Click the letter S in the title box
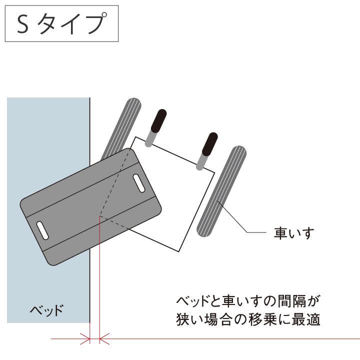(x=23, y=24)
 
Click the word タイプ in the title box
(x=72, y=24)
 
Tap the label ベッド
(x=46, y=310)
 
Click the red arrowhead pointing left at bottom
(x=104, y=339)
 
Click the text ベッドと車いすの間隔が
(x=248, y=302)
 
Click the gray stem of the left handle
(x=150, y=137)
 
